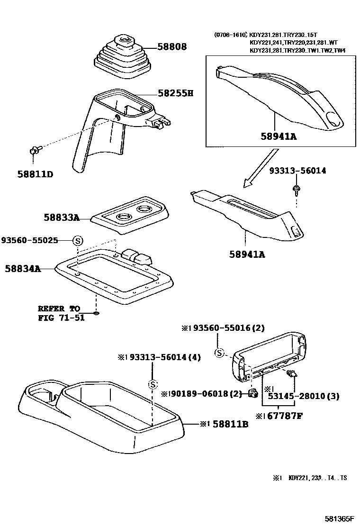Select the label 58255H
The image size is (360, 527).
tap(175, 93)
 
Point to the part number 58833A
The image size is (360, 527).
tap(61, 218)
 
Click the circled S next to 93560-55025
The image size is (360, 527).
tap(78, 240)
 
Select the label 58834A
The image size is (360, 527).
tap(22, 269)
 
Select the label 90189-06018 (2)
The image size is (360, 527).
tap(204, 393)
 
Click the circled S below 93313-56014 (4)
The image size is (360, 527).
tap(153, 384)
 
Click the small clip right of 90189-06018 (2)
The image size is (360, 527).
tap(252, 392)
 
